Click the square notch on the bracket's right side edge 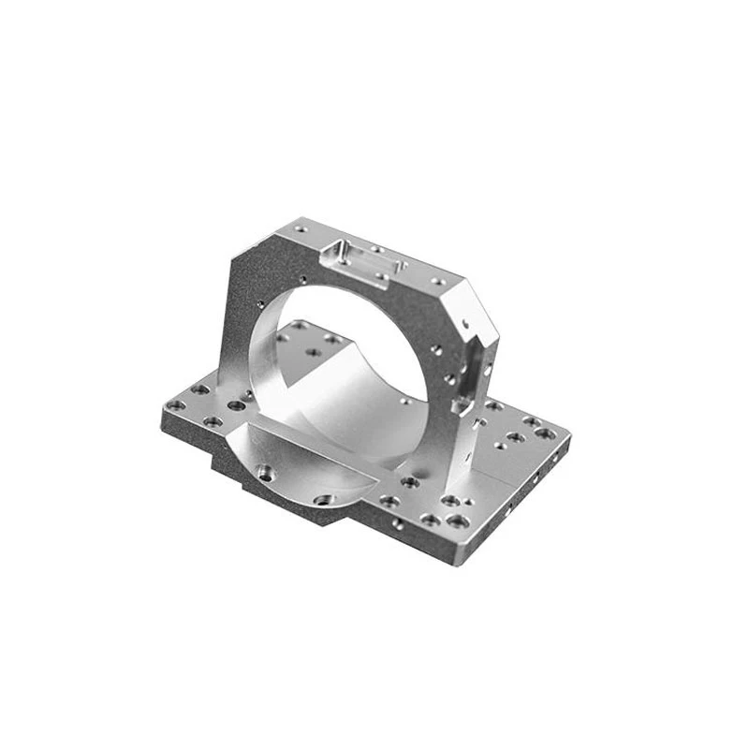click(462, 404)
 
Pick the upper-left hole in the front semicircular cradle click(265, 471)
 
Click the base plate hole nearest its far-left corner click(175, 404)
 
